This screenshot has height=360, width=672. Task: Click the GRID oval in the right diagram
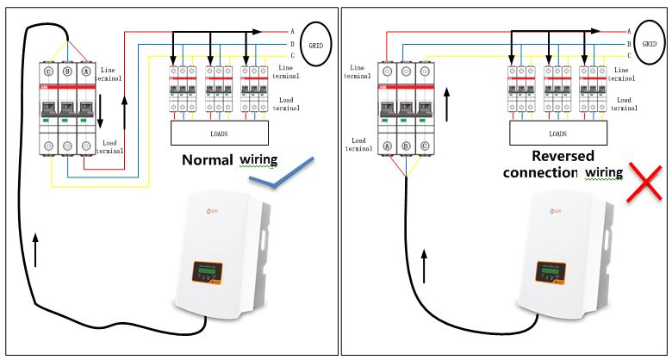[x=652, y=42]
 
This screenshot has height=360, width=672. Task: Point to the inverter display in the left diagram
[x=203, y=271]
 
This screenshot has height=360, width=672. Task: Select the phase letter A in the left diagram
[x=293, y=31]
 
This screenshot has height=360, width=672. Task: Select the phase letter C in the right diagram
[x=630, y=54]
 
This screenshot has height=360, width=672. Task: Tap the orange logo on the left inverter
[x=199, y=208]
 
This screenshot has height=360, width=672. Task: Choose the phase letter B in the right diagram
[x=630, y=42]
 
